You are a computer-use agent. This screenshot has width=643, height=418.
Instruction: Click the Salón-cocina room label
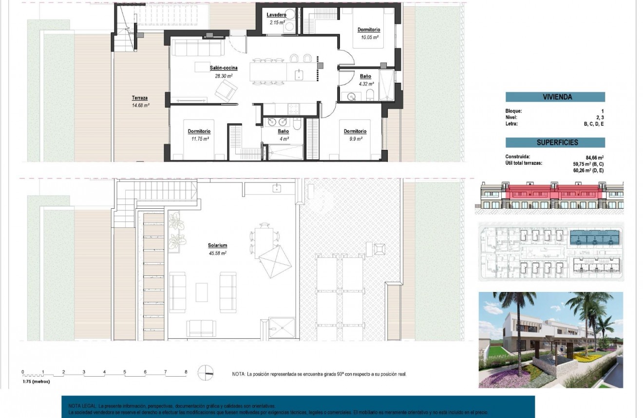pyautogui.click(x=224, y=68)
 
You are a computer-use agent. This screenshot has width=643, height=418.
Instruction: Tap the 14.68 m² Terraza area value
pyautogui.click(x=140, y=105)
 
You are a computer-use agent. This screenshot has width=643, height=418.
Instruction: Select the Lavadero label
pyautogui.click(x=276, y=15)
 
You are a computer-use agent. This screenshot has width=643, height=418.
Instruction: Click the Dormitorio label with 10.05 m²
pyautogui.click(x=369, y=30)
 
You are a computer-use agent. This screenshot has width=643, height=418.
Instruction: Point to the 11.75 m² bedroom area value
pyautogui.click(x=199, y=139)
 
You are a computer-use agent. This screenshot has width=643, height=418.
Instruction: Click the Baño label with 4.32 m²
pyautogui.click(x=365, y=76)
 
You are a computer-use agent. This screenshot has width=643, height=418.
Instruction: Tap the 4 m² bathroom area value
pyautogui.click(x=284, y=139)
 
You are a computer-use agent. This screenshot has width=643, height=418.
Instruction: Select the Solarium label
pyautogui.click(x=218, y=246)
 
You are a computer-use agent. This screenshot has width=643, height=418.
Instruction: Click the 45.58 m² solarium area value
pyautogui.click(x=218, y=253)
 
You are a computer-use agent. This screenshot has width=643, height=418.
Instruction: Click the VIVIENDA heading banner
pyautogui.click(x=555, y=97)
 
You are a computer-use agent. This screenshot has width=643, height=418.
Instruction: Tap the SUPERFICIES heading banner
pyautogui.click(x=555, y=143)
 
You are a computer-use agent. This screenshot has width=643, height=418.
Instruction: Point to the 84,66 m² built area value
pyautogui.click(x=595, y=157)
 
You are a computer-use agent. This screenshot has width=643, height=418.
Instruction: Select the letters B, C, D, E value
pyautogui.click(x=594, y=124)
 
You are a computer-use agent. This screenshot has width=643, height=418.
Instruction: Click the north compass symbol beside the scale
pyautogui.click(x=206, y=373)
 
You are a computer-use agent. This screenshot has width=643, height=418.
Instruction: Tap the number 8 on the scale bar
pyautogui.click(x=186, y=372)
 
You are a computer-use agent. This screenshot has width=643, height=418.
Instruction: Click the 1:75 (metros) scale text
pyautogui.click(x=36, y=382)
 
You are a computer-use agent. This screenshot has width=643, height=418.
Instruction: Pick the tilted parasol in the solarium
pyautogui.click(x=275, y=261)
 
